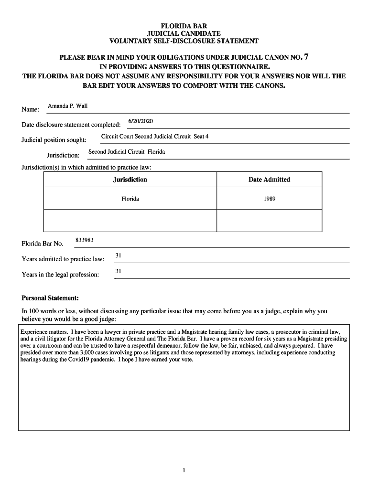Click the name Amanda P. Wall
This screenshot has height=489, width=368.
pyautogui.click(x=68, y=106)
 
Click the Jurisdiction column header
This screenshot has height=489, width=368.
pyautogui.click(x=130, y=180)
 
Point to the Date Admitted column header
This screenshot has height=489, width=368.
pyautogui.click(x=269, y=180)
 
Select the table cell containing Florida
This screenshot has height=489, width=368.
pyautogui.click(x=130, y=199)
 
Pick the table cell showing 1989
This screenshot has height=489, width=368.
pyautogui.click(x=269, y=199)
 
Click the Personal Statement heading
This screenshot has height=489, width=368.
pyautogui.click(x=47, y=298)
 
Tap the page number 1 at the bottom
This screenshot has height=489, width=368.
pyautogui.click(x=184, y=471)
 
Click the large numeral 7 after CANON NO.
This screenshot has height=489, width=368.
pyautogui.click(x=306, y=57)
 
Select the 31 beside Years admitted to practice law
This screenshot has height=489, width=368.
pyautogui.click(x=119, y=255)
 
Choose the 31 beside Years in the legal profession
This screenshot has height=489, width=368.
pyautogui.click(x=119, y=271)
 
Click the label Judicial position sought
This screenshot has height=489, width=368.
pyautogui.click(x=54, y=140)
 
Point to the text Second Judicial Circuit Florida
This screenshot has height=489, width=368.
pyautogui.click(x=127, y=152)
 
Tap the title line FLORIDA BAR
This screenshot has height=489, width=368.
pyautogui.click(x=184, y=26)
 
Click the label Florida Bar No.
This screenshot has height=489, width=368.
pyautogui.click(x=43, y=244)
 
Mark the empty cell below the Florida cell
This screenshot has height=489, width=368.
pyautogui.click(x=130, y=221)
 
